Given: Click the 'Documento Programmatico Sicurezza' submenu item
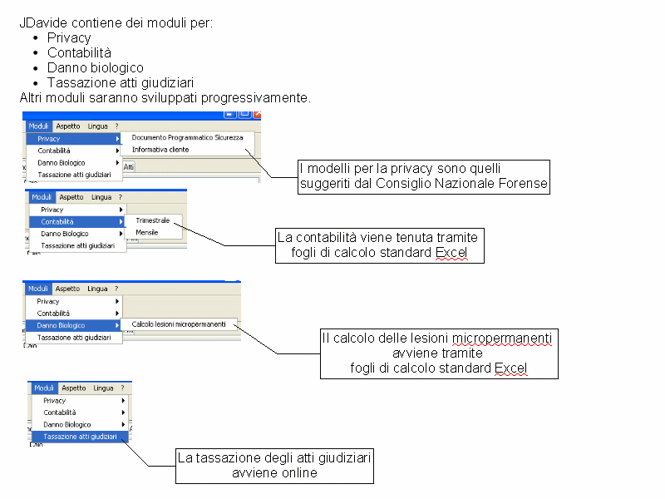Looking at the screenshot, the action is click(188, 137).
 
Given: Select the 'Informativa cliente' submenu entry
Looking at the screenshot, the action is click(160, 150).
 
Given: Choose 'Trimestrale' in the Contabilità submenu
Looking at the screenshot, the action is click(153, 220).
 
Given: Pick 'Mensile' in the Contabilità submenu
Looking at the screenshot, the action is click(147, 233).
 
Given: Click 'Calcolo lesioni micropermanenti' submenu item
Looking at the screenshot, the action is click(179, 324).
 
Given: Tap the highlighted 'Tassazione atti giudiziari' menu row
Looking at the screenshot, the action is click(80, 437).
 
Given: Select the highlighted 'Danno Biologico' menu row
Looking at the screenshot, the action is click(73, 325).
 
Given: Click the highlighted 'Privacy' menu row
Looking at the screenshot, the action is click(73, 139).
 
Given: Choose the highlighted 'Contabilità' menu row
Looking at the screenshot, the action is click(76, 221).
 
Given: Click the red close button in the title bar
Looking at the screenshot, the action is click(257, 114).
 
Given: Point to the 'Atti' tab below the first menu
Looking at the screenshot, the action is click(129, 167).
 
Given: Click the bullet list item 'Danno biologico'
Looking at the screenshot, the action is click(96, 68).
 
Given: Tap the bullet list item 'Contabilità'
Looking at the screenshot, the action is click(79, 53).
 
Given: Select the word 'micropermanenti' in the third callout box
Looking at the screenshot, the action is click(502, 338).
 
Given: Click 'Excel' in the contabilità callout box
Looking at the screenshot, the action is click(451, 253).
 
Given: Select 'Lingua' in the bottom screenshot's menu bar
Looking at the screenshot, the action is click(103, 388).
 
